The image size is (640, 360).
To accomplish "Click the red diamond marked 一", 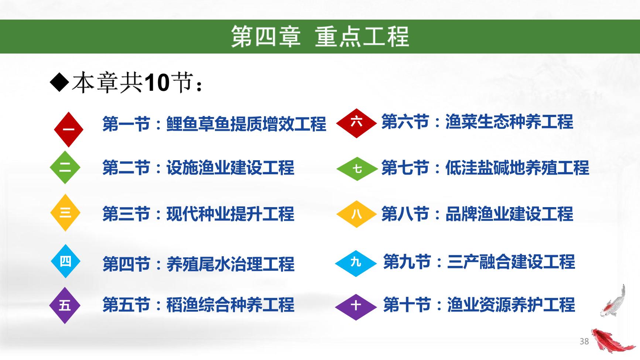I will click(68, 130).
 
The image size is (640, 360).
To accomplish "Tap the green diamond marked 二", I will click(65, 168).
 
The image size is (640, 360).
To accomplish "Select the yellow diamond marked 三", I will click(65, 213).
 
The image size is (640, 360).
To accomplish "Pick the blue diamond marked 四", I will click(65, 261).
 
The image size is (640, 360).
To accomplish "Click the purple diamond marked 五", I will click(65, 305).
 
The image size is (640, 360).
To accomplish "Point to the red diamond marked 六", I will click(356, 123).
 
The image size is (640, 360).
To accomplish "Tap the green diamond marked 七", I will click(357, 169).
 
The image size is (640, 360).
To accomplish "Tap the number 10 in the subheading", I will click(157, 82).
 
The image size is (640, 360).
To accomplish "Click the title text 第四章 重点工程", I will click(320, 37).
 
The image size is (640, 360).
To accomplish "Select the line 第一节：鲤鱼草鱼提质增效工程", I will click(214, 124).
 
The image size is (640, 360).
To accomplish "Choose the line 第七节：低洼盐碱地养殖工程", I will click(485, 168).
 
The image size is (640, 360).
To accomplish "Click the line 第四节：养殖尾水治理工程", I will click(198, 264).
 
